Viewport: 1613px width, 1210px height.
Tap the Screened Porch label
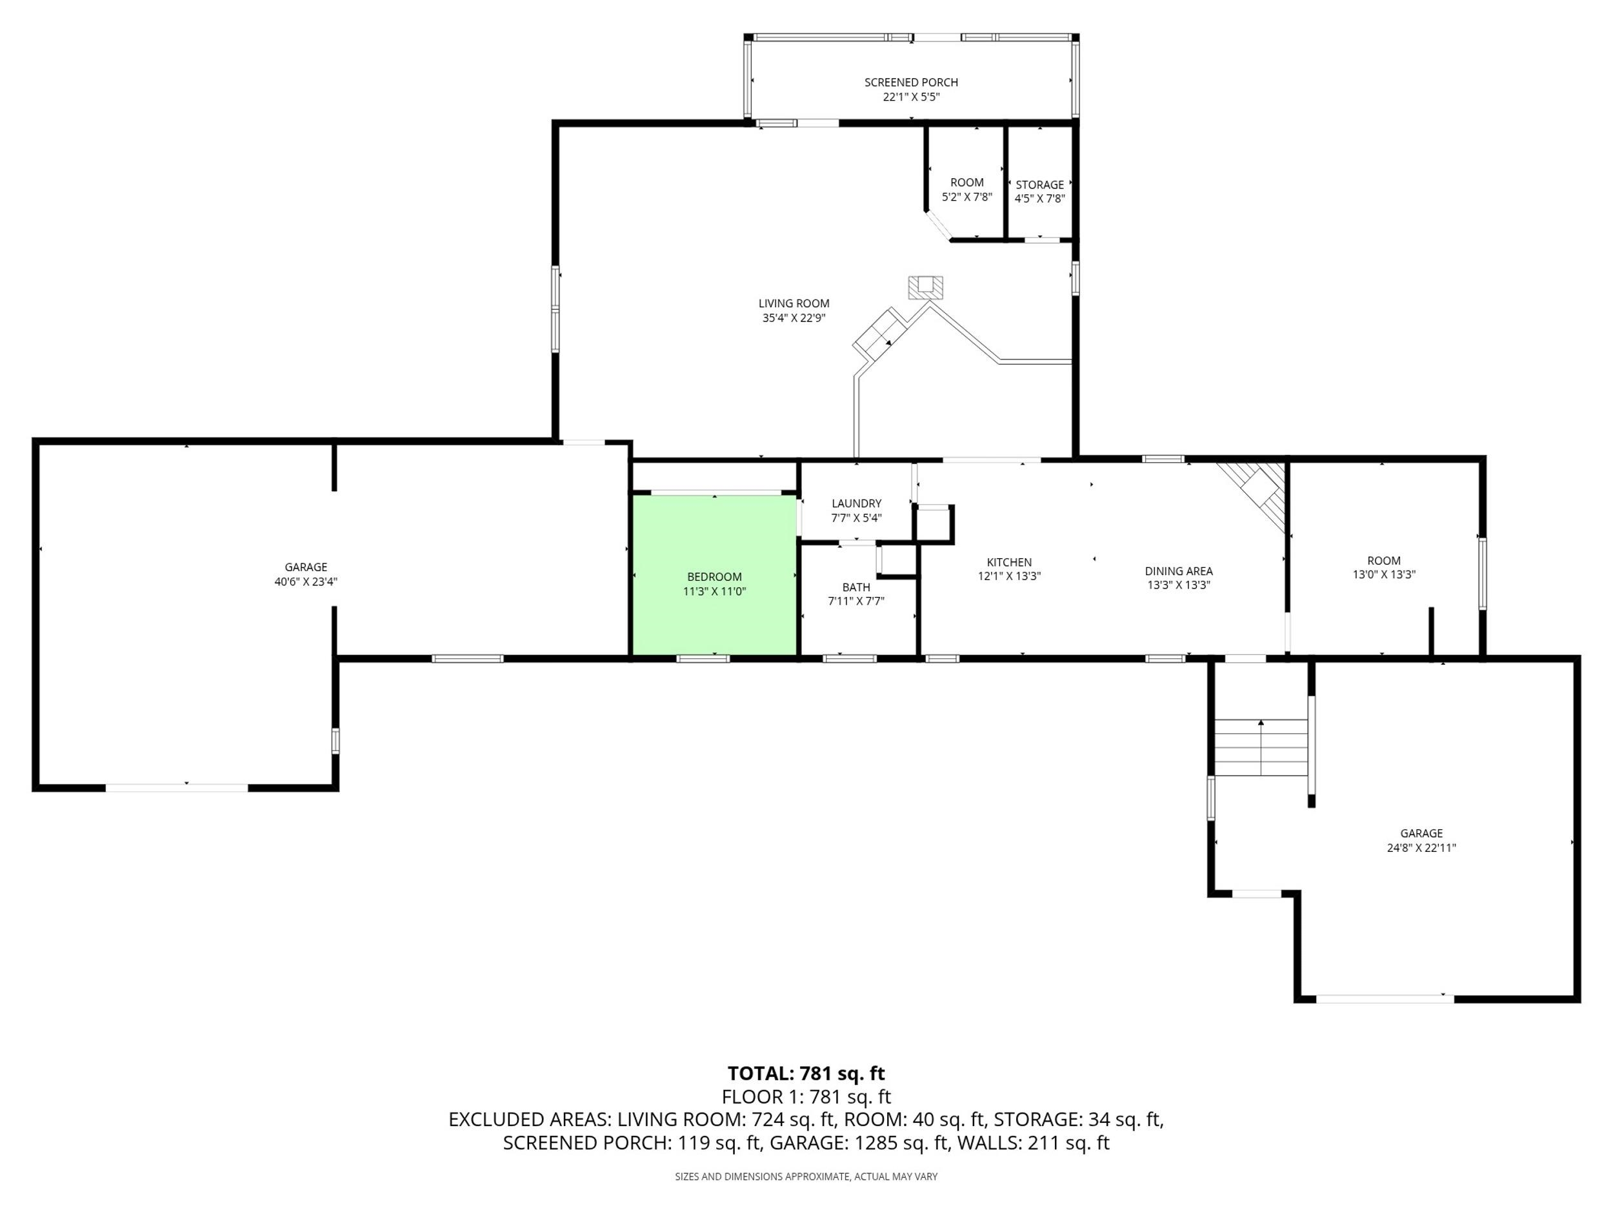(x=911, y=83)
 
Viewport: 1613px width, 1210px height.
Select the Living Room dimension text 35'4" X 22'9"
(x=794, y=318)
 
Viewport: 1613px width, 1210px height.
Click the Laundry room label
(x=856, y=503)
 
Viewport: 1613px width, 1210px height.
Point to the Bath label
(x=856, y=587)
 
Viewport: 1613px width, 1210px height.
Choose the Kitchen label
(x=1009, y=562)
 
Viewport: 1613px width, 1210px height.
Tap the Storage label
(x=1040, y=185)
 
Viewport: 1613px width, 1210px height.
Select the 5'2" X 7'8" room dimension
(x=967, y=197)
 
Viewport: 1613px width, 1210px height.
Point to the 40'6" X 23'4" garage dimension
(x=306, y=581)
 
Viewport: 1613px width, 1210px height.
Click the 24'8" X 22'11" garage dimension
(x=1421, y=847)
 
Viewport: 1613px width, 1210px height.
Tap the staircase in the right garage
(x=1261, y=747)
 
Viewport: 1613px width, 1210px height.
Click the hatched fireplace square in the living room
(x=925, y=287)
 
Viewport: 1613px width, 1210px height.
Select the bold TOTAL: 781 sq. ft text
(x=806, y=1074)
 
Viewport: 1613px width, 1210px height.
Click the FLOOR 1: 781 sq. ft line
(x=806, y=1097)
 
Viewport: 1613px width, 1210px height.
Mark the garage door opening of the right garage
(x=1385, y=998)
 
